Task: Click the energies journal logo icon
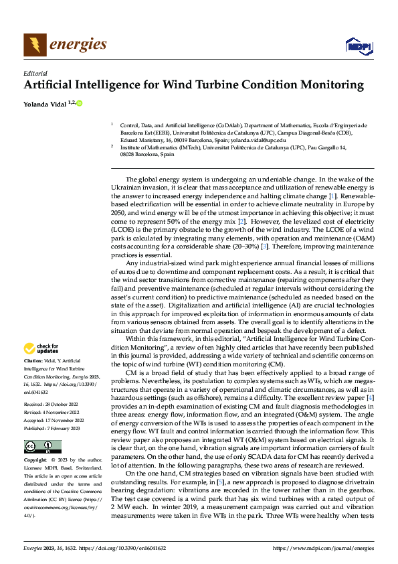[33, 45]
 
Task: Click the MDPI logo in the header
[357, 45]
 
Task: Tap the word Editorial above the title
[35, 73]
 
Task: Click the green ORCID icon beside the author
[79, 103]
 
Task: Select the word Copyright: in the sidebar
[37, 461]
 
